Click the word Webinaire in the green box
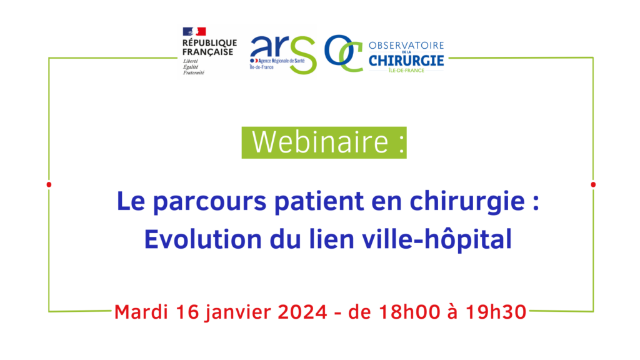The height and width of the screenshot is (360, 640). click(x=321, y=142)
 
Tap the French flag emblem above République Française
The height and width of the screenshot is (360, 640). click(x=194, y=31)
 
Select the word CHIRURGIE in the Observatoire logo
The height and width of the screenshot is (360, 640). click(x=406, y=61)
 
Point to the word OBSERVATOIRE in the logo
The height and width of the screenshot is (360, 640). click(x=406, y=46)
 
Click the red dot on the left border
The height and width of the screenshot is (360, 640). click(x=49, y=184)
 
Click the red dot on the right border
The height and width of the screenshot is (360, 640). click(x=593, y=184)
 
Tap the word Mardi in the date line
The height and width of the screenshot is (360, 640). click(x=141, y=312)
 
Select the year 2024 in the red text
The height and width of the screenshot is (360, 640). click(x=302, y=312)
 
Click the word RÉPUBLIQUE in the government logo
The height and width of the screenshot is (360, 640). click(x=209, y=43)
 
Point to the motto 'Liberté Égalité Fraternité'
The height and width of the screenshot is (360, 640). click(x=194, y=67)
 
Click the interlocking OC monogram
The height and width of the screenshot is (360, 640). click(x=344, y=53)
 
